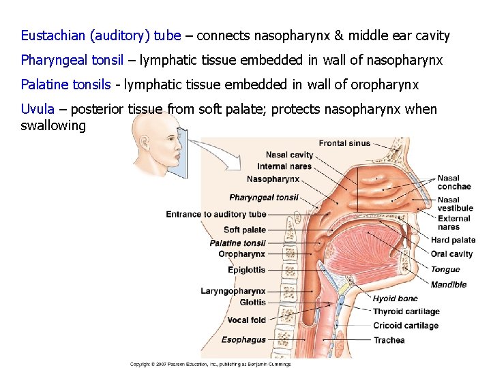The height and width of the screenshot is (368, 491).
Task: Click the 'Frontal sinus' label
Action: click(344, 143)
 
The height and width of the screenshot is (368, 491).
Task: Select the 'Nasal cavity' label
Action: click(289, 155)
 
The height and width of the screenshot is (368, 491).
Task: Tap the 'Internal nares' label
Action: click(284, 166)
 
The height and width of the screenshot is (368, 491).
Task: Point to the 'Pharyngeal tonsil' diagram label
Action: click(264, 198)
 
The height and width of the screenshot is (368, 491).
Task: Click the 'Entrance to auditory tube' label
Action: click(216, 215)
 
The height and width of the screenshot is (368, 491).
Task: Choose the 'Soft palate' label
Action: click(245, 230)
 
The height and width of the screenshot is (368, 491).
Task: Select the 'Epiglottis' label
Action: click(247, 270)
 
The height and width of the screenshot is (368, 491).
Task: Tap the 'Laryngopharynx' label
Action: click(233, 292)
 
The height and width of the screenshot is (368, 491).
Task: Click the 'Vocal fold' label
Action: click(247, 320)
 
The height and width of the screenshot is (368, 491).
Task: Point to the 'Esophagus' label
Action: click(243, 339)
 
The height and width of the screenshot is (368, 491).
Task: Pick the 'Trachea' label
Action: click(389, 340)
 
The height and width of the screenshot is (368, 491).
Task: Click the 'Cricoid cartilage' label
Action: click(405, 326)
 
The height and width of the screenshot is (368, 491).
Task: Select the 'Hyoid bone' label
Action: click(395, 298)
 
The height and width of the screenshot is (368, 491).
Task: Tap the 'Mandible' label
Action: click(449, 285)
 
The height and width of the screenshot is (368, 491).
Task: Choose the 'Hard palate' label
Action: click(453, 240)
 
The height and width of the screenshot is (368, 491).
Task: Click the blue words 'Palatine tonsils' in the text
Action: click(65, 85)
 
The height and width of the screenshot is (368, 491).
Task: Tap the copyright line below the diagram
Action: click(211, 364)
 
